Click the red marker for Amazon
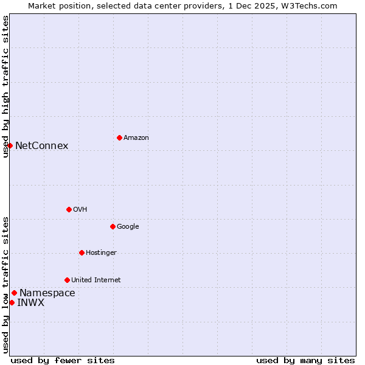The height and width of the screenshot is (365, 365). tap(119, 137)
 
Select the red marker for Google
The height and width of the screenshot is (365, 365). tap(113, 226)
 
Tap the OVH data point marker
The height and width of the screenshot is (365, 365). tap(69, 209)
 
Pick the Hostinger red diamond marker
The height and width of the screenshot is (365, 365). tap(82, 252)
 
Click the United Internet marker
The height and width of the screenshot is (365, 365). tap(67, 280)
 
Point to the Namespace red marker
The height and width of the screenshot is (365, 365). tap(14, 293)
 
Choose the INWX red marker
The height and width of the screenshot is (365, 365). tap(12, 302)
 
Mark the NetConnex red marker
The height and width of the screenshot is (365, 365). tap(10, 145)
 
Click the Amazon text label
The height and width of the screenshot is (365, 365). tap(136, 138)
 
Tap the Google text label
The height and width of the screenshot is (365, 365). tap(128, 227)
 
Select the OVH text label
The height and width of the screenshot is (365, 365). tap(80, 210)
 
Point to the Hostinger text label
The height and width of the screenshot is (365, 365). tap(101, 253)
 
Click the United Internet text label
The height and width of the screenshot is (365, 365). tap(96, 280)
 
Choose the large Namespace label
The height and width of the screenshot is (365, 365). tap(47, 293)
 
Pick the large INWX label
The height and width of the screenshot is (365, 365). tap(30, 303)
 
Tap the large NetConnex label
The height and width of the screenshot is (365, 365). tap(41, 146)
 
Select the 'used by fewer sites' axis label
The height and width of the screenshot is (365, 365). tap(63, 360)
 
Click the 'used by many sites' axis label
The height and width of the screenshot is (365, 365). tap(305, 360)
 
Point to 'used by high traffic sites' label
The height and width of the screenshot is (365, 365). tap(5, 86)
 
